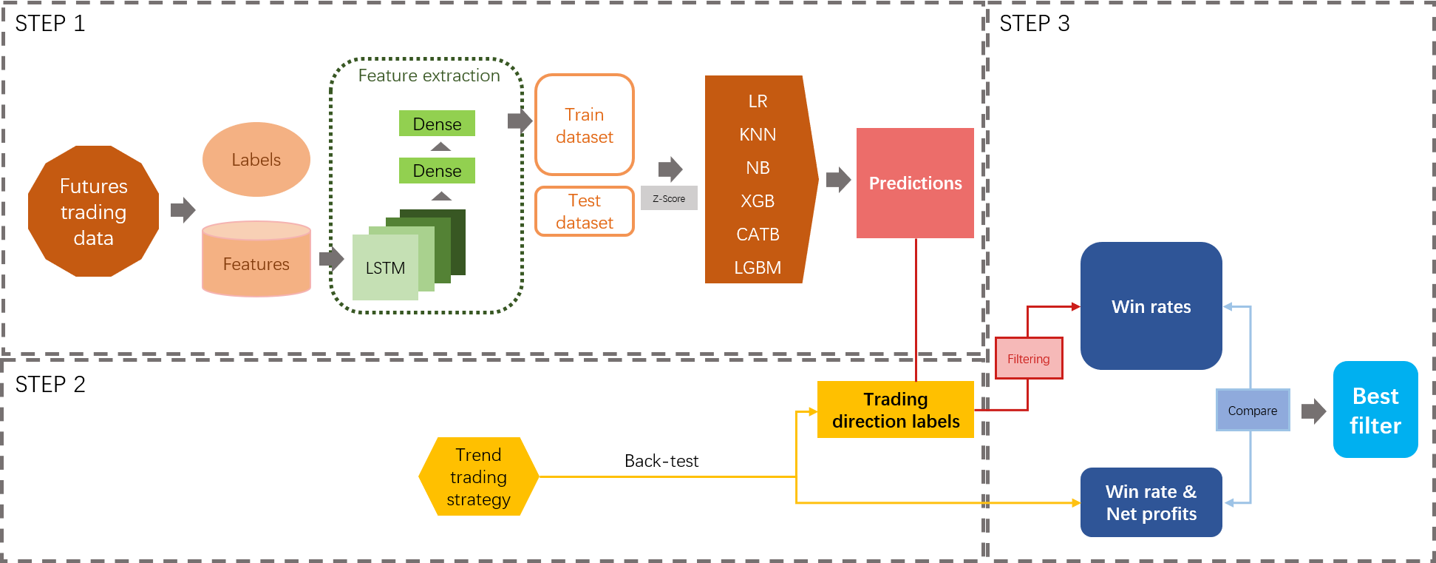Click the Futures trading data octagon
pyautogui.click(x=94, y=212)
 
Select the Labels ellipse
pyautogui.click(x=256, y=160)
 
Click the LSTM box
pyautogui.click(x=385, y=268)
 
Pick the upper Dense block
pyautogui.click(x=437, y=124)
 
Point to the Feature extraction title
pyautogui.click(x=429, y=75)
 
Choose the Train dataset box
pyautogui.click(x=585, y=125)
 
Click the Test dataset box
pyautogui.click(x=585, y=212)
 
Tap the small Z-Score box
pyautogui.click(x=669, y=198)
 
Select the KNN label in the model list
pyautogui.click(x=758, y=135)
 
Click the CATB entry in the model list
pyautogui.click(x=758, y=235)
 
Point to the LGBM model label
pyautogui.click(x=758, y=268)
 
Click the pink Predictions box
pyautogui.click(x=915, y=183)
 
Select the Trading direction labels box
pyautogui.click(x=896, y=410)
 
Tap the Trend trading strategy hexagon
pyautogui.click(x=478, y=477)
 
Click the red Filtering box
pyautogui.click(x=1029, y=359)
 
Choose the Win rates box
pyautogui.click(x=1151, y=306)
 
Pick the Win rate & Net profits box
pyautogui.click(x=1151, y=502)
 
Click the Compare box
pyautogui.click(x=1253, y=411)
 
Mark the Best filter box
pyautogui.click(x=1375, y=410)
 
